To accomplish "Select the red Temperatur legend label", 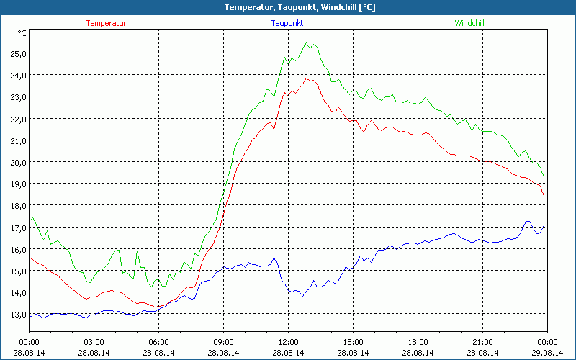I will pyautogui.click(x=106, y=23).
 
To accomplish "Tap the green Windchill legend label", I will pyautogui.click(x=469, y=23).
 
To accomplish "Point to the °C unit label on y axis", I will pyautogui.click(x=22, y=32).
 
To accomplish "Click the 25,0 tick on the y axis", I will pyautogui.click(x=17, y=53).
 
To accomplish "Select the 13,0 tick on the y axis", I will pyautogui.click(x=17, y=314).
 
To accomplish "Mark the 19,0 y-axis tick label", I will pyautogui.click(x=17, y=184).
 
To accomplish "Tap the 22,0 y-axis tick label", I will pyautogui.click(x=17, y=119).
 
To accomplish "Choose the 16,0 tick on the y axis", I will pyautogui.click(x=17, y=249).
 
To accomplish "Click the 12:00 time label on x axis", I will pyautogui.click(x=288, y=342).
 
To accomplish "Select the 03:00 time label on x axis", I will pyautogui.click(x=94, y=342).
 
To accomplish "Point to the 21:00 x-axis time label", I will pyautogui.click(x=482, y=342).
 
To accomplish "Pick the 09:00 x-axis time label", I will pyautogui.click(x=223, y=342).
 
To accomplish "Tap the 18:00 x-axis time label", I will pyautogui.click(x=418, y=342).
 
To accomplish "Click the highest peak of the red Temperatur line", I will pyautogui.click(x=307, y=78).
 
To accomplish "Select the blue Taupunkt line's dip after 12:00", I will pyautogui.click(x=302, y=296).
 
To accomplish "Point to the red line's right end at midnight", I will pyautogui.click(x=544, y=195).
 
